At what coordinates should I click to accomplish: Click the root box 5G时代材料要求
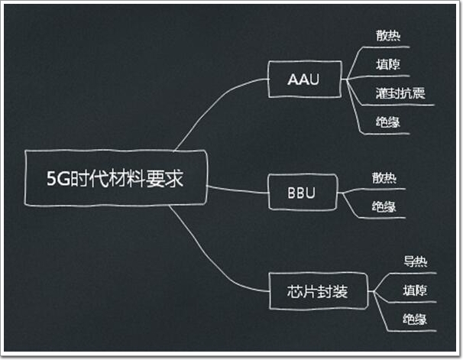[115, 177]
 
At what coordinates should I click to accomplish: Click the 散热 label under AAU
[388, 35]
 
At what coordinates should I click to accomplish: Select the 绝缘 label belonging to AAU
[388, 122]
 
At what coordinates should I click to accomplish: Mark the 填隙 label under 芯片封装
[416, 290]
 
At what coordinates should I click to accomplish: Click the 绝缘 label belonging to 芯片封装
[416, 319]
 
